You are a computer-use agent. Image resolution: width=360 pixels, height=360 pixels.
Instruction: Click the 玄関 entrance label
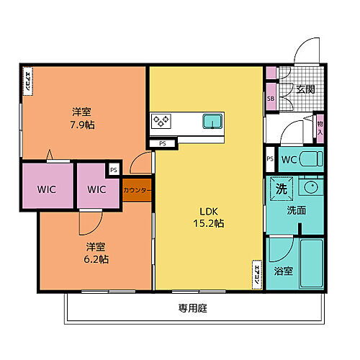click(x=305, y=90)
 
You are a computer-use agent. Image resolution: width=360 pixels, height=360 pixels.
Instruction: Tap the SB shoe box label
click(x=271, y=99)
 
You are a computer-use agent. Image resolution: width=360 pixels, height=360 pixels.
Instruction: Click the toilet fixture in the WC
click(x=310, y=158)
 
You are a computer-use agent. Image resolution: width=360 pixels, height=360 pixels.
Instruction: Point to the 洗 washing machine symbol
click(x=280, y=189)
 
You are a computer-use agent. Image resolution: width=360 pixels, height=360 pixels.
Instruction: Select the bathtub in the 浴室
click(x=310, y=262)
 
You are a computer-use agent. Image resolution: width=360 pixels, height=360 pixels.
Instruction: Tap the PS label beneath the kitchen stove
click(x=162, y=143)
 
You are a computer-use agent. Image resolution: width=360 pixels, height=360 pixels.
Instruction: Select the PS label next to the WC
click(x=270, y=159)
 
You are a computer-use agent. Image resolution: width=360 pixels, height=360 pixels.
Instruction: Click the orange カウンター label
click(x=137, y=190)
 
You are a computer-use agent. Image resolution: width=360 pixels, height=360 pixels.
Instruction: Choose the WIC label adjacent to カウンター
click(x=96, y=189)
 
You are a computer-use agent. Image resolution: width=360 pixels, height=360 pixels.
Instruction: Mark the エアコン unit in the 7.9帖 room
click(x=27, y=81)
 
